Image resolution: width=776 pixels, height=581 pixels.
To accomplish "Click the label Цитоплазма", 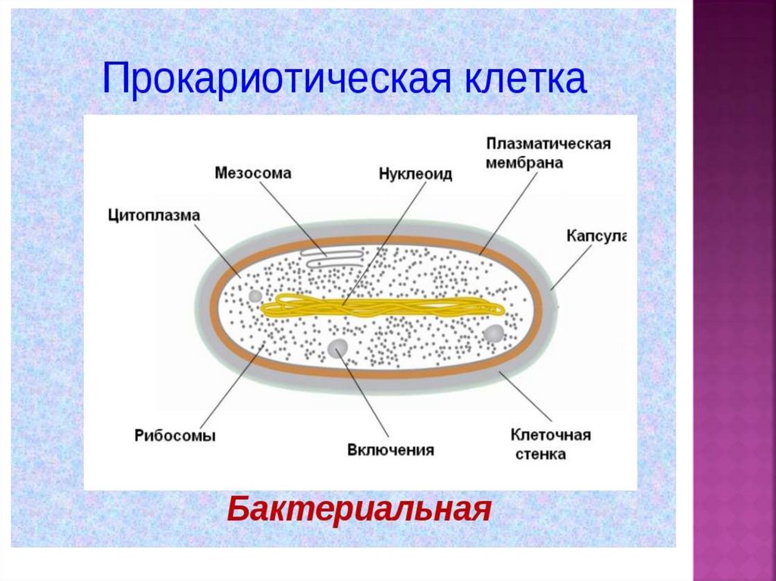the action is click(153, 215).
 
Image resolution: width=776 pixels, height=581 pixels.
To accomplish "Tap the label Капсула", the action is click(596, 236).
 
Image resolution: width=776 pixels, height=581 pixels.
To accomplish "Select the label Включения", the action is click(391, 450).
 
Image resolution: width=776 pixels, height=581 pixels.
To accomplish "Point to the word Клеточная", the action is click(550, 436).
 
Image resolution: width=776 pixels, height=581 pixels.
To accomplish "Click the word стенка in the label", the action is click(540, 454).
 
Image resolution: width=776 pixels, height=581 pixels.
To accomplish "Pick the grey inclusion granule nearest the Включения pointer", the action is click(338, 348).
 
